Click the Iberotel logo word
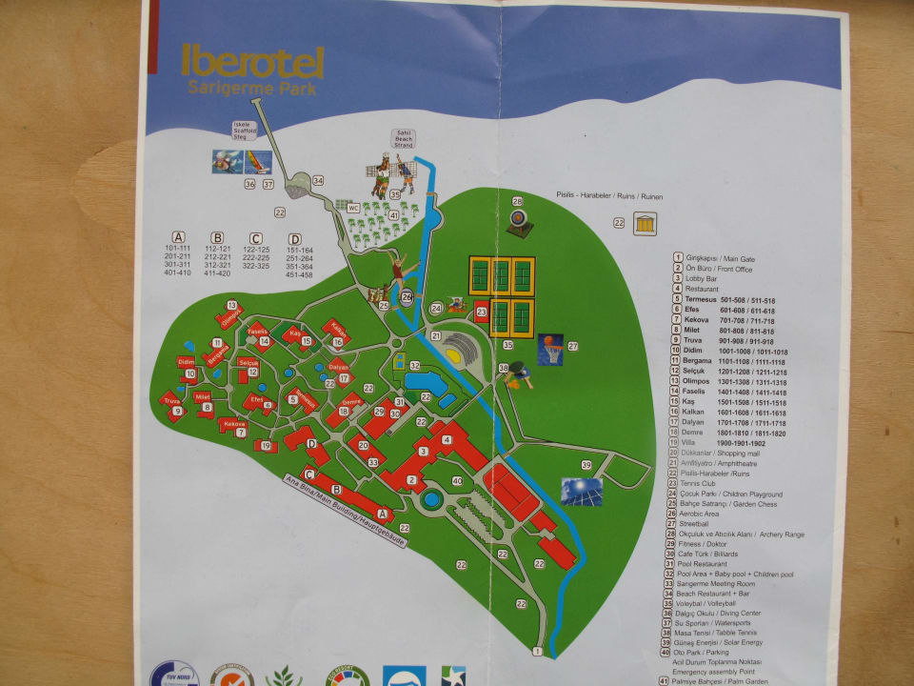(x=253, y=61)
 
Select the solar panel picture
(x=581, y=491)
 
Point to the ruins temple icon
(x=645, y=224)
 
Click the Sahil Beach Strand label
(x=402, y=139)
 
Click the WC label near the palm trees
(x=352, y=207)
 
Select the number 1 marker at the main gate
(x=537, y=652)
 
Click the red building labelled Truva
(x=171, y=406)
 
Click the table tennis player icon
(x=517, y=377)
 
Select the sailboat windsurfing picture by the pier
(x=258, y=162)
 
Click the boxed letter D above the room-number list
(x=295, y=238)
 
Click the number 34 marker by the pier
(x=317, y=180)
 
